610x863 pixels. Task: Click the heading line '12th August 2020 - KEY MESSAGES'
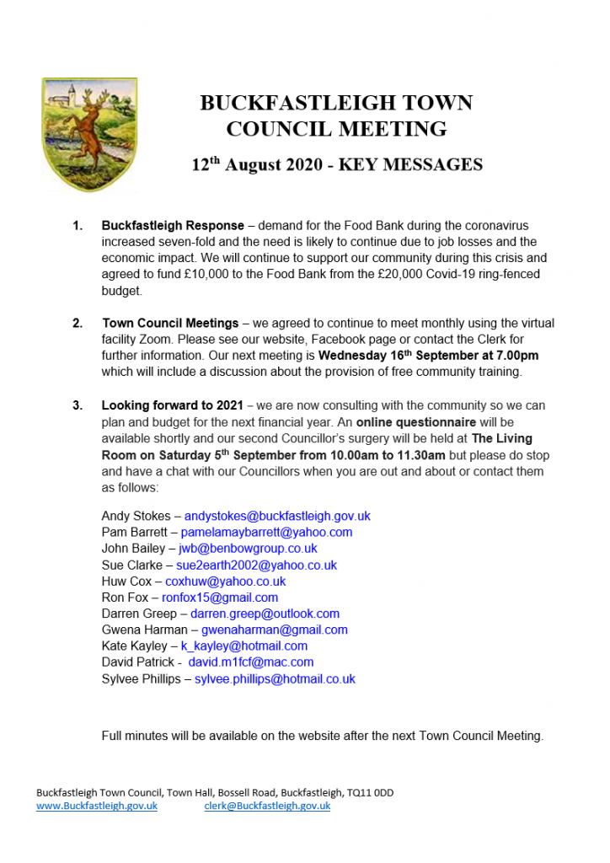(336, 164)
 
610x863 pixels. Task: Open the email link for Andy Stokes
(277, 516)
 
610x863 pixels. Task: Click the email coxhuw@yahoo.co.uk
(225, 582)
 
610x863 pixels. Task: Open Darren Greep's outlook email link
(265, 614)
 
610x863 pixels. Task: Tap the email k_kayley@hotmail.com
(244, 646)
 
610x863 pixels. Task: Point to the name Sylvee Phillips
(143, 678)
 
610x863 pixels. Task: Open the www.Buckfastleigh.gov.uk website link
(97, 806)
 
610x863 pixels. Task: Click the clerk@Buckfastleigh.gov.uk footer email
(267, 806)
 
